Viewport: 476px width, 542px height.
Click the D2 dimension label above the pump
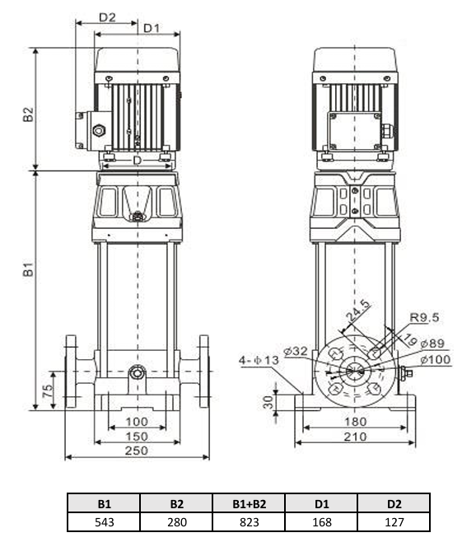(x=107, y=16)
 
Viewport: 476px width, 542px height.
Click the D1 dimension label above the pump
(x=151, y=28)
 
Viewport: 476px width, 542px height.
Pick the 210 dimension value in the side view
(x=355, y=437)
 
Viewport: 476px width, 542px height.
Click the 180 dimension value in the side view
(x=355, y=422)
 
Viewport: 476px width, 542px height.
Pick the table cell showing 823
(x=249, y=522)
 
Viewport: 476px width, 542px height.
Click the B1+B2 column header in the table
(x=249, y=503)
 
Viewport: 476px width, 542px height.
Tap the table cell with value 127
(x=394, y=522)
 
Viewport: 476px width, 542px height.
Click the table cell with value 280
(x=176, y=522)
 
